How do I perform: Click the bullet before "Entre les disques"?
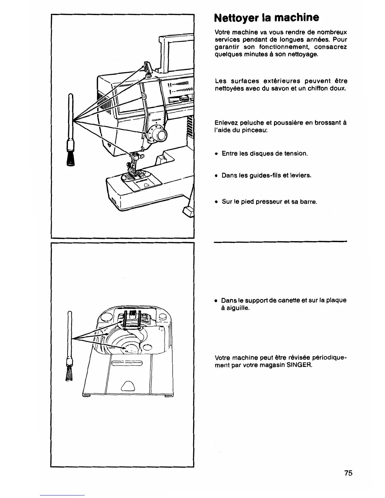(x=216, y=154)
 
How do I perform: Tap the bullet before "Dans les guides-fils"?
(x=216, y=175)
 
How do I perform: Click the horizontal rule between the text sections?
(x=280, y=241)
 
